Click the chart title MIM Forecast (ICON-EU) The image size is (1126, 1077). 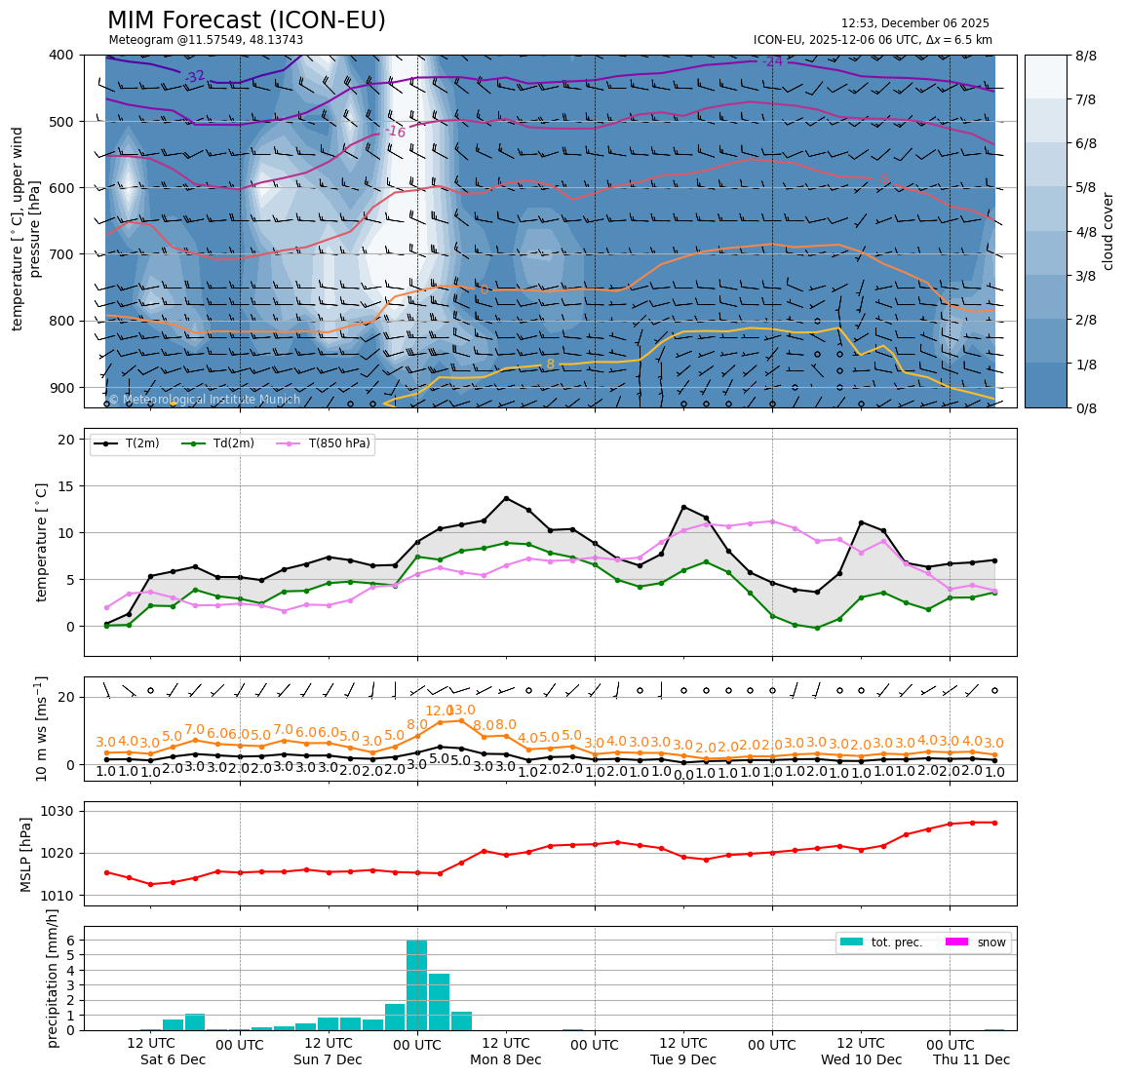point(246,20)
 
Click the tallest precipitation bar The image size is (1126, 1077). point(416,984)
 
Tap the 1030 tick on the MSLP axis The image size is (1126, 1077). point(60,811)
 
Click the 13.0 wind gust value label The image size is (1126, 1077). point(461,711)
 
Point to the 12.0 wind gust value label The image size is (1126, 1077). point(439,712)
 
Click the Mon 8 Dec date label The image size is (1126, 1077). point(505,1059)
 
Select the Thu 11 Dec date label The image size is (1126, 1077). point(971,1059)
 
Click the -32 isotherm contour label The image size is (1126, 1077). point(195,76)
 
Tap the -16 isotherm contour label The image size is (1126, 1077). point(395,131)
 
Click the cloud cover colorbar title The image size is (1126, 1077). point(1107,231)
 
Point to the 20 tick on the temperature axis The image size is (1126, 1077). point(67,440)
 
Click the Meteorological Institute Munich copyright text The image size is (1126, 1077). point(190,400)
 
